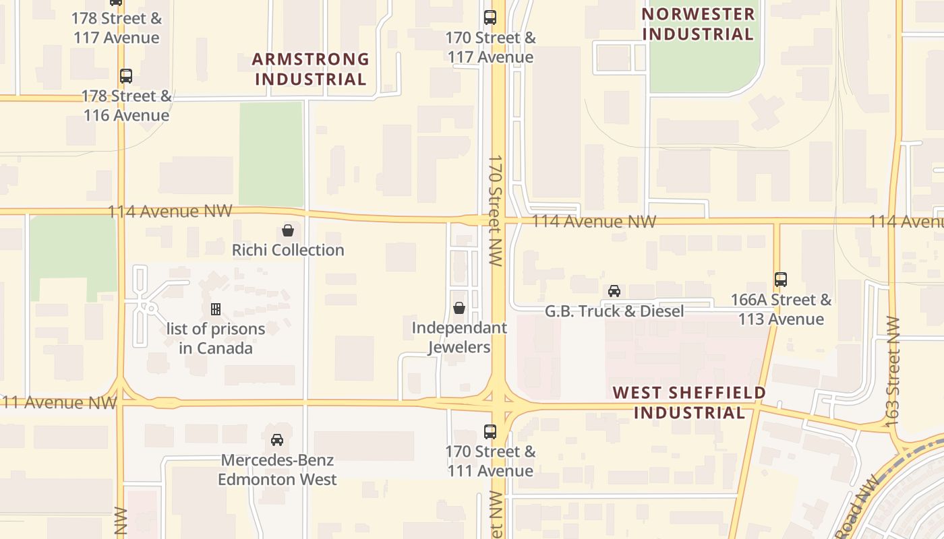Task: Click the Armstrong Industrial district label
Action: tap(310, 69)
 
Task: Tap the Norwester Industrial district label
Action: tap(697, 24)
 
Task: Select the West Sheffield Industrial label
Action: tap(689, 402)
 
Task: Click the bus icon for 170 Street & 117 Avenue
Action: tap(490, 18)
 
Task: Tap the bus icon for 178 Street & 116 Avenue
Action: tap(126, 76)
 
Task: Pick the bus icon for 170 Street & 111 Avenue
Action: tap(490, 432)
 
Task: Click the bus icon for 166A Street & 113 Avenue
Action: tap(781, 279)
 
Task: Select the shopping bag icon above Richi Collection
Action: tap(288, 230)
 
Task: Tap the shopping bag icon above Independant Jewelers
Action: tap(459, 308)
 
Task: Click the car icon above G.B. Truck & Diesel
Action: tap(614, 291)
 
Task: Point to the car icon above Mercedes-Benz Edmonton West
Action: tap(277, 440)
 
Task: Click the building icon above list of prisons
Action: tap(216, 309)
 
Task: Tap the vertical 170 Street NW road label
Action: tap(496, 210)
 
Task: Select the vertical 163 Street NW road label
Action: tap(893, 371)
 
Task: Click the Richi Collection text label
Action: tap(288, 250)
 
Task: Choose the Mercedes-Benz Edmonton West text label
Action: tap(277, 470)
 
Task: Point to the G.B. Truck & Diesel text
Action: tap(614, 311)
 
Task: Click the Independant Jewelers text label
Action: tap(459, 338)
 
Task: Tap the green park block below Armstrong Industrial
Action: tap(271, 154)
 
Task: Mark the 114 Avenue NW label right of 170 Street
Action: tap(593, 222)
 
